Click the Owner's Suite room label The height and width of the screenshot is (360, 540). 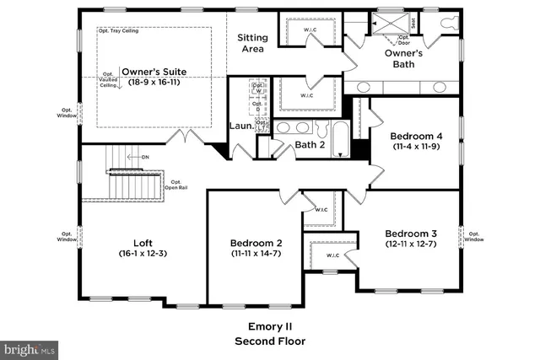153,72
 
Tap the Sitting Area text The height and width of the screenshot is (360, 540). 251,43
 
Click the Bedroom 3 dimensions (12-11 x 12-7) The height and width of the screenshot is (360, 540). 411,245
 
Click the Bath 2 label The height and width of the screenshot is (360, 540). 310,145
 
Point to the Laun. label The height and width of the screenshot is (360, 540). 240,127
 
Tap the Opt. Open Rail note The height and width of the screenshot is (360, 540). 176,185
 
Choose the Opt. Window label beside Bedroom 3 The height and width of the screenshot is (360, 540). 474,236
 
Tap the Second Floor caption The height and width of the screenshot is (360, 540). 269,341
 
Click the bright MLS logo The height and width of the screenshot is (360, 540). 30,347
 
